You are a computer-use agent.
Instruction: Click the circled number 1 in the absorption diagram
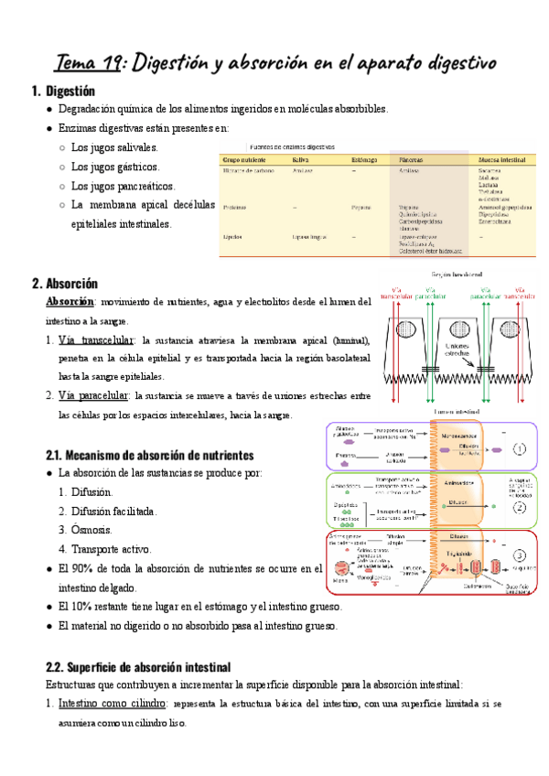519,449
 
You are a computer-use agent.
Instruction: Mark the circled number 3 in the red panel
519,555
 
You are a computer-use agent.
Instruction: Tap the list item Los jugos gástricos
114,167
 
